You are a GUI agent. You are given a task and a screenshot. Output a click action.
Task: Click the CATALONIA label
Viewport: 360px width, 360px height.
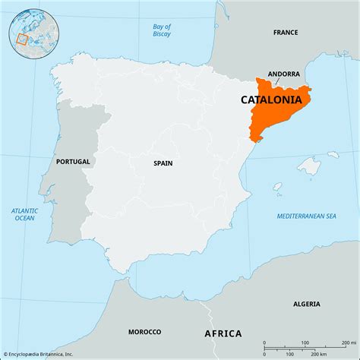[x=276, y=99]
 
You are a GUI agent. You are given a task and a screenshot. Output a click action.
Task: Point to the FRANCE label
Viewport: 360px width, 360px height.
[x=286, y=33]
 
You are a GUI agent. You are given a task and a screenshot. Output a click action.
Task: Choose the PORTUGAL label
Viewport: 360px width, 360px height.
[x=73, y=162]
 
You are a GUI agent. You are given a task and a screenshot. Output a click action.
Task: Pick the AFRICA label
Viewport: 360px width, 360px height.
[x=223, y=333]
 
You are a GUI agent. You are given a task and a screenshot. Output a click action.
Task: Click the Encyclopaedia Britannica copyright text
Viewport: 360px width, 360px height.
[x=43, y=353]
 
